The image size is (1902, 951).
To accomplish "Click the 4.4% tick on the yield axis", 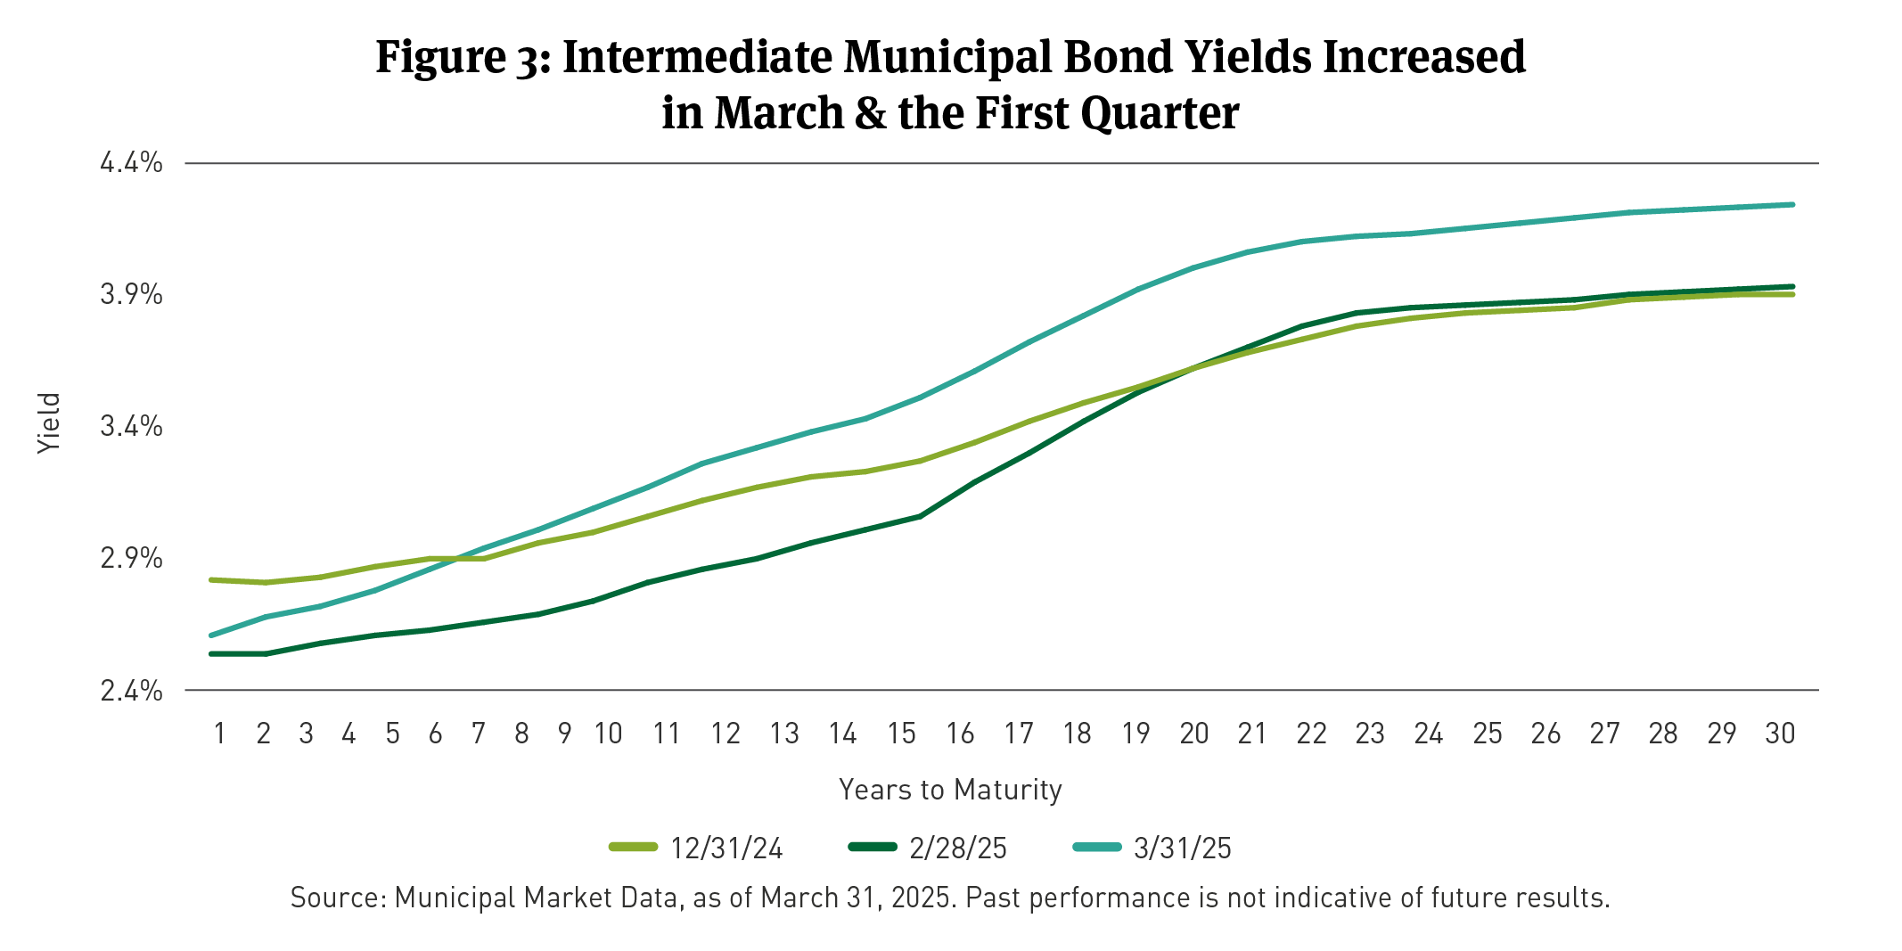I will pos(131,163).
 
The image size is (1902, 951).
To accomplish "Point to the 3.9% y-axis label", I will pos(131,295).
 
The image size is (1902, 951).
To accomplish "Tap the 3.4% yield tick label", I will pos(131,427).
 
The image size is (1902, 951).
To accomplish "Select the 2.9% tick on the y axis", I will pos(131,559).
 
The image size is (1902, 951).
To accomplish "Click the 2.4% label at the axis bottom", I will pos(131,691).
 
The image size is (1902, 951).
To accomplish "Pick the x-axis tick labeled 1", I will pos(219,734).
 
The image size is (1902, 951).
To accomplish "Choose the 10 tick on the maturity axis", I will pos(608,734).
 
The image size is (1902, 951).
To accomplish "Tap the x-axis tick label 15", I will pos(901,734).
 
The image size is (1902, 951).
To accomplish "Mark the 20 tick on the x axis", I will pos(1193,734).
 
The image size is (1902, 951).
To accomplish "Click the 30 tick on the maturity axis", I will pos(1779,734).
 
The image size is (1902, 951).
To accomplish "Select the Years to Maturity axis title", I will pos(950,791).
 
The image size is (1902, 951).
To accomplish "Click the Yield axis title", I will pos(50,423).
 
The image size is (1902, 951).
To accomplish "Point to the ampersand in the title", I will pos(871,114).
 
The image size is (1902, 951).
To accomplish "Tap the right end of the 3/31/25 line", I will pos(1792,205).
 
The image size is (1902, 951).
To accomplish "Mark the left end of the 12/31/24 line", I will pos(211,580).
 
